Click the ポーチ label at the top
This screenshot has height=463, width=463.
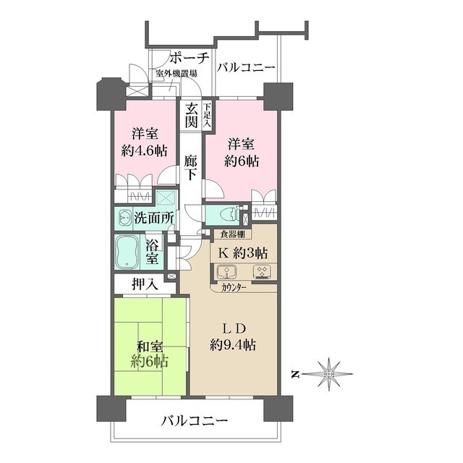click(x=189, y=59)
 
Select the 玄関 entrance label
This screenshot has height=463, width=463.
click(x=191, y=116)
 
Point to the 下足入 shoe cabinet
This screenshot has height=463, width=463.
click(x=208, y=116)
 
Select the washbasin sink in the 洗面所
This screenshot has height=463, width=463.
click(x=124, y=217)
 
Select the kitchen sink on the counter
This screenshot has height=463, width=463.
click(x=226, y=273)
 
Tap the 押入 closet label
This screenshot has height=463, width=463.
click(x=145, y=284)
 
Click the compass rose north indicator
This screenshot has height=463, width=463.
click(x=329, y=374)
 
